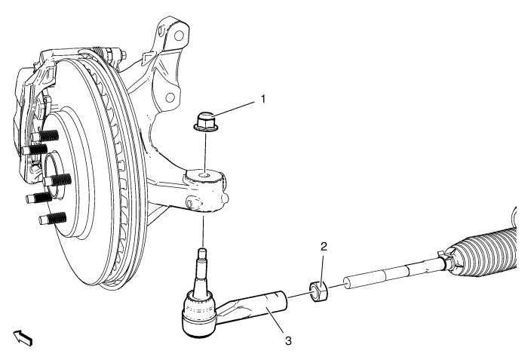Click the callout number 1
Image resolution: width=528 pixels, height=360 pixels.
tap(263, 99)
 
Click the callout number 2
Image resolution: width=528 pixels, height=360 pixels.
tap(324, 247)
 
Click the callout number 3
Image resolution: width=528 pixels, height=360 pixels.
tap(288, 341)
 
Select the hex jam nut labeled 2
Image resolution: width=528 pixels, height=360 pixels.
tap(318, 292)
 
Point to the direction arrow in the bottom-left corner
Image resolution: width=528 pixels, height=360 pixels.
tap(23, 338)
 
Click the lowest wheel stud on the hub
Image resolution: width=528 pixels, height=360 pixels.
tap(53, 219)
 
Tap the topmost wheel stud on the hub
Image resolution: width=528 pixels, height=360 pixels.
tap(45, 136)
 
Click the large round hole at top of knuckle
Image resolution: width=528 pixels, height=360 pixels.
tap(180, 35)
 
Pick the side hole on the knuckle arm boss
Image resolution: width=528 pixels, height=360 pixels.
tap(190, 203)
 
